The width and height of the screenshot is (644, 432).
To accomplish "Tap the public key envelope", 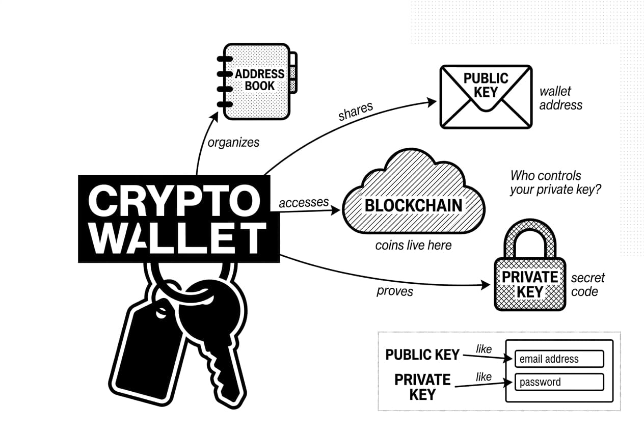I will point(486,96).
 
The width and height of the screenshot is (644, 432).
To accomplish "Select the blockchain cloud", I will point(413,196).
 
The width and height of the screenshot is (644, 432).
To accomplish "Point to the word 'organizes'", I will point(233,143).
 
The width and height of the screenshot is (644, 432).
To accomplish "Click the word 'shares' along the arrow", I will point(356,112).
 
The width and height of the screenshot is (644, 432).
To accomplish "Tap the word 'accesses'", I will point(304,202).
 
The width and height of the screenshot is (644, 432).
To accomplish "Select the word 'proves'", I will point(395,292).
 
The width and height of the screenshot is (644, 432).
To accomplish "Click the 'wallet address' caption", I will point(560,98).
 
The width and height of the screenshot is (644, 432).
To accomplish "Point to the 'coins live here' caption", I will point(413,246).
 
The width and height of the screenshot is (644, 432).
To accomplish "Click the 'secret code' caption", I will point(587,285).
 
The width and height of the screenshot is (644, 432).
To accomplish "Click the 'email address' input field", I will point(559,359).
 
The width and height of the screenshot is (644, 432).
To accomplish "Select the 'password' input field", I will point(559,382).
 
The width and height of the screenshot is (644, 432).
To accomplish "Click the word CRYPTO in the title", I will point(173,199).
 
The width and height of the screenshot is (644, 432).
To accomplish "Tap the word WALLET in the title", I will point(178,238).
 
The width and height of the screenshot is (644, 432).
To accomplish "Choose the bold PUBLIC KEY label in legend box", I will point(422,355).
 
